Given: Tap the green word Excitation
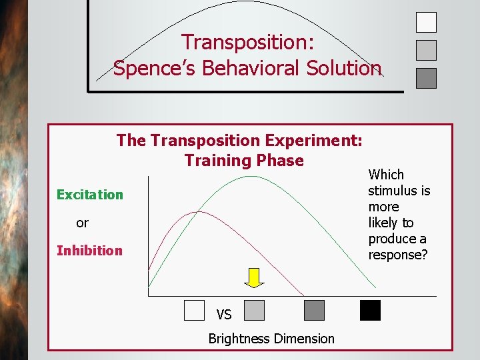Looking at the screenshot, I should (90, 195).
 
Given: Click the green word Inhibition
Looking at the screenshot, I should (89, 251).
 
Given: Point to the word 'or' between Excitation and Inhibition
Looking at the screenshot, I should (82, 223).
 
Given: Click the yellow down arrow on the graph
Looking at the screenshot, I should (254, 277).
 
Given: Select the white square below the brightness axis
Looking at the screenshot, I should (194, 311).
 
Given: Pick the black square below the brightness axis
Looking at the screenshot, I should (370, 311).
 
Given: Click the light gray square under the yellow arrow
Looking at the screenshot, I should (254, 311).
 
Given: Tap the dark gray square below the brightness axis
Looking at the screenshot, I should (314, 311).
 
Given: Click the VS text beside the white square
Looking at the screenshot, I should (224, 315).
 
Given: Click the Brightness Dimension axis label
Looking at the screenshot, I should (271, 339).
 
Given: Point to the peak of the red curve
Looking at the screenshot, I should (196, 212).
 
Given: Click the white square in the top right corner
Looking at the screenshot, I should (426, 23).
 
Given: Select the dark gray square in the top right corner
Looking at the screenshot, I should (426, 79).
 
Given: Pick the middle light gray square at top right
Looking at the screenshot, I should (426, 51).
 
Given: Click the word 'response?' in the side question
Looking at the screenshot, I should (398, 255).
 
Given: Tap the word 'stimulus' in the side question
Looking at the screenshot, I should (399, 191).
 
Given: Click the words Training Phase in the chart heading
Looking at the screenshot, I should (244, 161).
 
